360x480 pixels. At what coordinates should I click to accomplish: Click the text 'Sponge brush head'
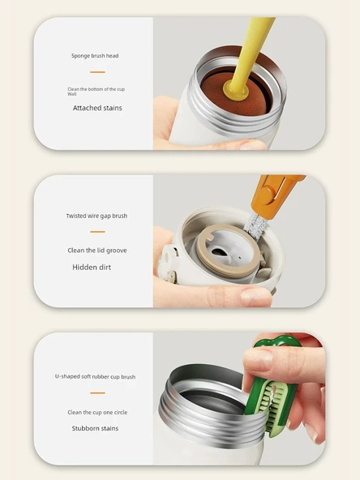[95, 56]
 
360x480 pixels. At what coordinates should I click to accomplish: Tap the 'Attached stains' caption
[97, 108]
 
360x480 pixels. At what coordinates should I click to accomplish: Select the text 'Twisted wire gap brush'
[96, 216]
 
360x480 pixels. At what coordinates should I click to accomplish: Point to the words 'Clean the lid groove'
[97, 251]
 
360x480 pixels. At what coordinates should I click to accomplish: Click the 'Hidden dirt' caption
[92, 268]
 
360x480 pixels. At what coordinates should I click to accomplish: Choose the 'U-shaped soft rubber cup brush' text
[95, 376]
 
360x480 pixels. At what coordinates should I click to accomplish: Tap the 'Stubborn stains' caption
[95, 428]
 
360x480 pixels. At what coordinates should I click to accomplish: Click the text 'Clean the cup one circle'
[97, 413]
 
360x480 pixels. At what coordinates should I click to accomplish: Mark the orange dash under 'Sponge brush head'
[97, 72]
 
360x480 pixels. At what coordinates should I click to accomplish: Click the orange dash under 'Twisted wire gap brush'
[97, 232]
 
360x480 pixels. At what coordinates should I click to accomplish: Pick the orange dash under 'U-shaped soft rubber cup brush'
[97, 392]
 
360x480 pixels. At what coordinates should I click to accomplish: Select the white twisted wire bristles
[255, 226]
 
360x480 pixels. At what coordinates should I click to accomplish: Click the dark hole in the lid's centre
[217, 252]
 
